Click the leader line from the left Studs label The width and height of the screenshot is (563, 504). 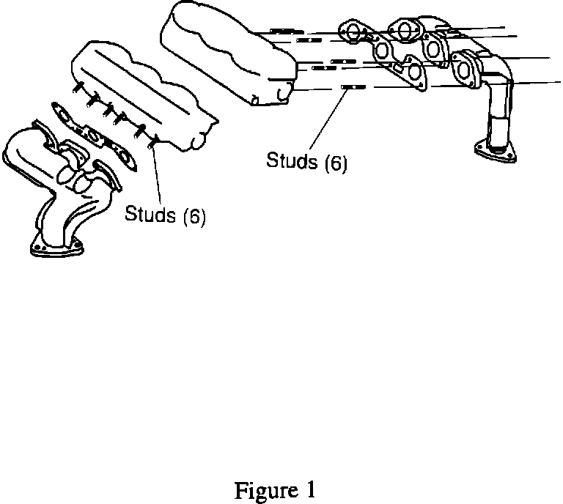[x=155, y=176]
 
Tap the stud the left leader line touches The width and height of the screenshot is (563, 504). [x=152, y=141]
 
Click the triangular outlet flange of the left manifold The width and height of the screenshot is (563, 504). [x=54, y=247]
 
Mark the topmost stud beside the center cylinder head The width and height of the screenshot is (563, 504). [x=282, y=31]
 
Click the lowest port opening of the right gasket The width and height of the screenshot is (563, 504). [x=416, y=72]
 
